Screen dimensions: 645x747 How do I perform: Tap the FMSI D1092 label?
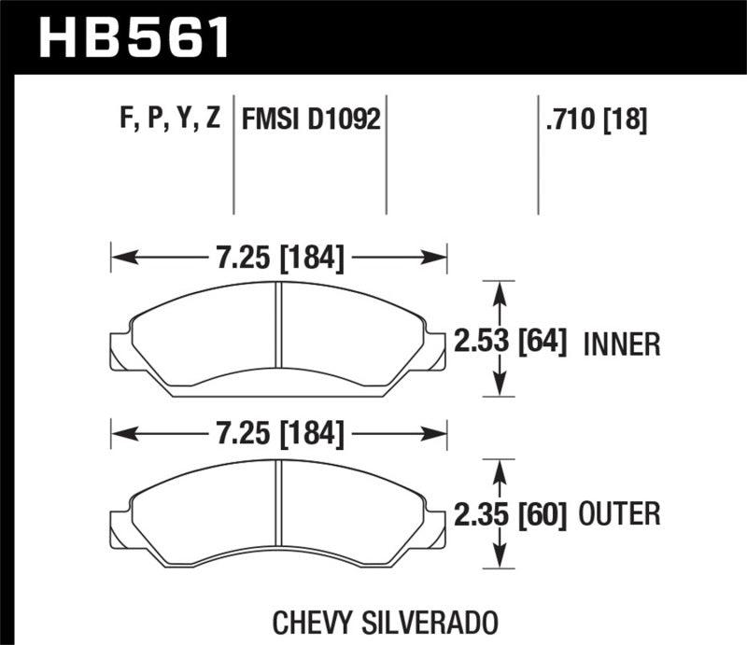311,119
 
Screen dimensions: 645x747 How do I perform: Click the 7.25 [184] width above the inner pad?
279,257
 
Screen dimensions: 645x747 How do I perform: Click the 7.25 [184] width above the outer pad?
279,433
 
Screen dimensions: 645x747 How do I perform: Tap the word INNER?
622,344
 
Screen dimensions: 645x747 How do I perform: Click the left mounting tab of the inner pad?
120,347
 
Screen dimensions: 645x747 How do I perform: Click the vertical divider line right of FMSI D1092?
387,154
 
